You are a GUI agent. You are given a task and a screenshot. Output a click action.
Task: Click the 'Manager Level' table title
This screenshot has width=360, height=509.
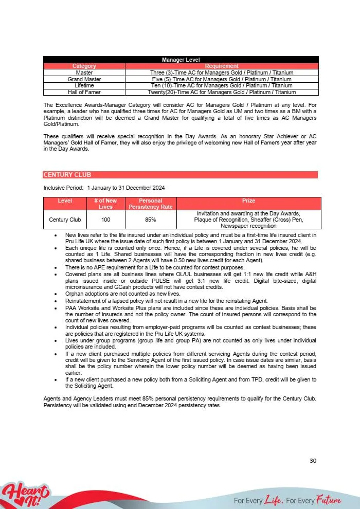coord(181,60)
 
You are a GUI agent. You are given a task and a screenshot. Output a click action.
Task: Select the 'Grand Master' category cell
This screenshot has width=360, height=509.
coord(84,79)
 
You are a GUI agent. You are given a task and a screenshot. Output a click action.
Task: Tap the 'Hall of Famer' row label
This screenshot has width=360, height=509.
coord(84,92)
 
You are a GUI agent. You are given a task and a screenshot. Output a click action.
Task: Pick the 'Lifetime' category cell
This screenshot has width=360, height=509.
coord(84,85)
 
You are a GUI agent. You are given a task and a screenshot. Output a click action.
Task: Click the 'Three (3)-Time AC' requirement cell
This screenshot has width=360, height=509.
coord(222,73)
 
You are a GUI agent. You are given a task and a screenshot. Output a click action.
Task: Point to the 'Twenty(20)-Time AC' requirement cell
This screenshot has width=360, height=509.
coord(222,92)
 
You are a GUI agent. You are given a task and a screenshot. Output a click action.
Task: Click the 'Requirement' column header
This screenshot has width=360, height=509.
coord(222,66)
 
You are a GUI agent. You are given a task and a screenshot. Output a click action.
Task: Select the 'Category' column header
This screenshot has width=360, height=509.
coord(84,66)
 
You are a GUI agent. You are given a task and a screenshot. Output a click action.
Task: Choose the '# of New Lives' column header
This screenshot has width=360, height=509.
coord(105,204)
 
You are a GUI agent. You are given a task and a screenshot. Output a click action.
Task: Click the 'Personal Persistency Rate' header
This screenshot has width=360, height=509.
coord(151,204)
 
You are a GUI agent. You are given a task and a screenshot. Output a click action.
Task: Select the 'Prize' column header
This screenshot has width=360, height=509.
coord(248,201)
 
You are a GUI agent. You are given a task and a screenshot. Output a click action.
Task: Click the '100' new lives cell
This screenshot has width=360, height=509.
coord(105,220)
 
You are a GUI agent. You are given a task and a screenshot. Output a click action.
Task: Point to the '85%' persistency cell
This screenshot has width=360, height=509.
coord(151,220)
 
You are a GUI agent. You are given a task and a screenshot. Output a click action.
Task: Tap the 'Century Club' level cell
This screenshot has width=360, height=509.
coord(65,220)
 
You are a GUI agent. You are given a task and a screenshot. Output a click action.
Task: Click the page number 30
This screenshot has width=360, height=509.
coord(313,461)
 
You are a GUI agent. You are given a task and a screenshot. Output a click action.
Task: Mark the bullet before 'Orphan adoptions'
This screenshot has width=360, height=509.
coord(56,293)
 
